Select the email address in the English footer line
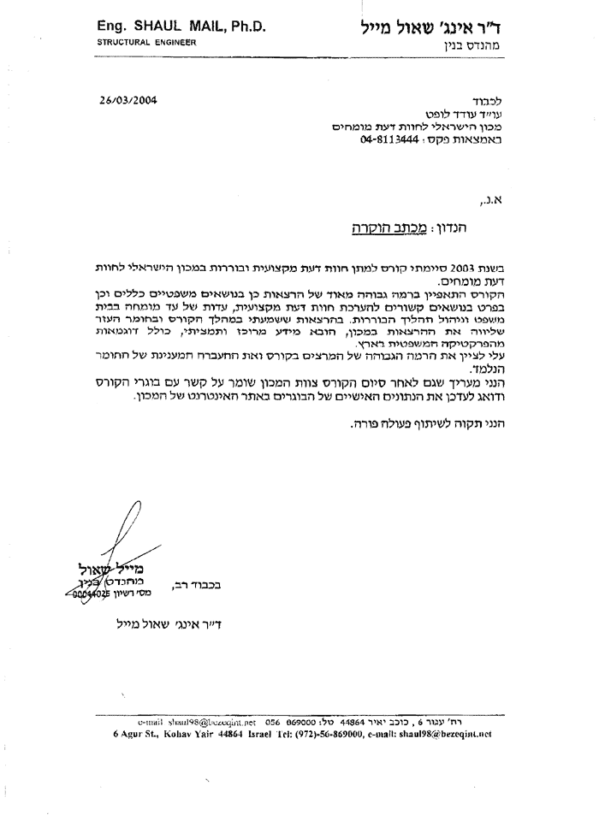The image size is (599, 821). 452,734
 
